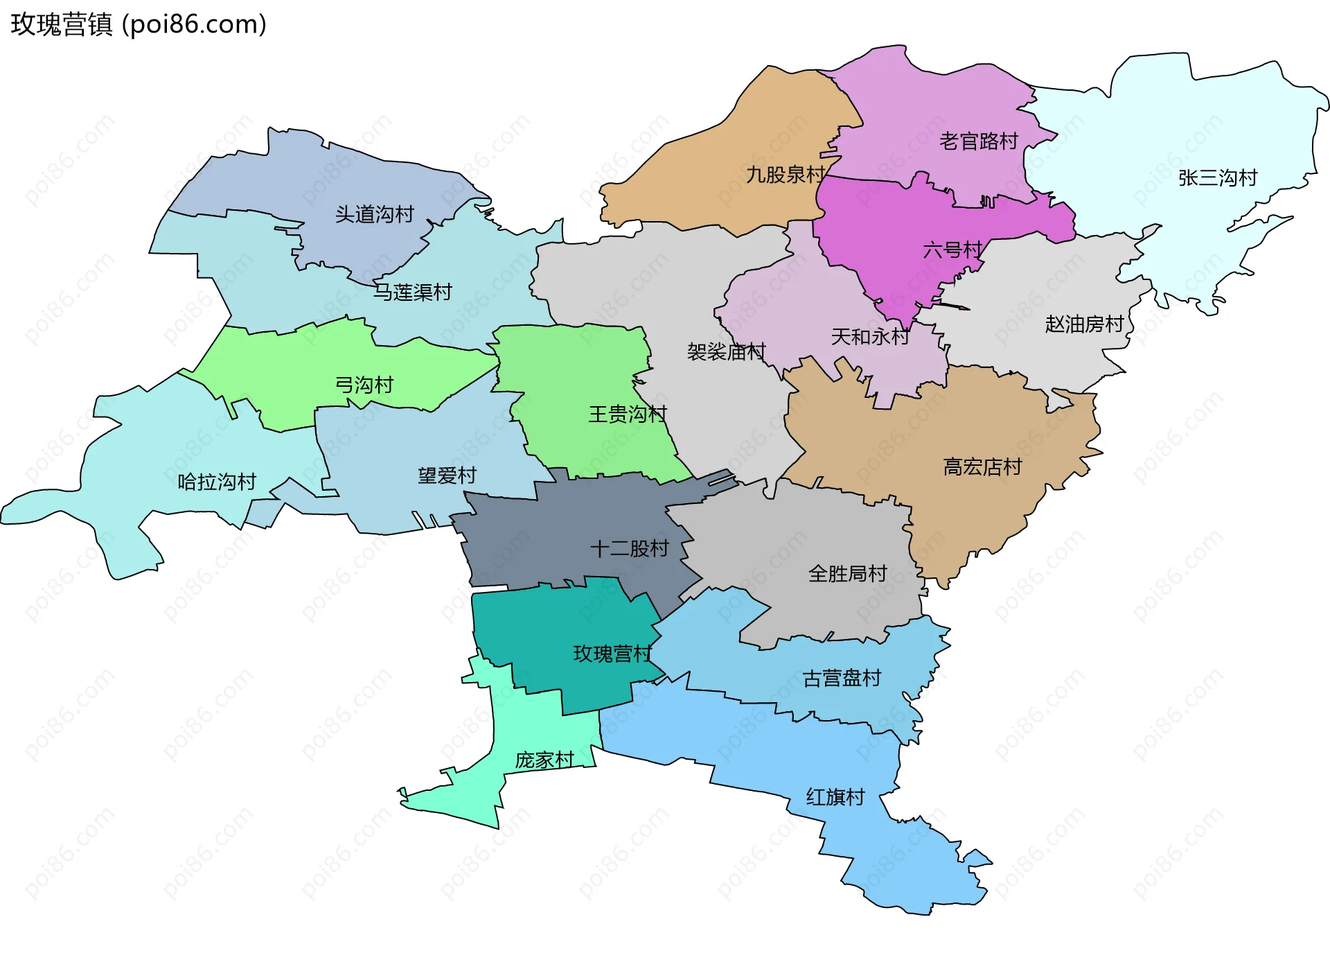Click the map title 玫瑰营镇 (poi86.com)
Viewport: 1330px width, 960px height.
(139, 24)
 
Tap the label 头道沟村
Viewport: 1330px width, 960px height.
(374, 214)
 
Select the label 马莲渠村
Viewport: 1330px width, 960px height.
(412, 292)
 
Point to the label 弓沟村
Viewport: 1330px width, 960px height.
(364, 385)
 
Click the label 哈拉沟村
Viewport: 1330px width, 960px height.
(217, 482)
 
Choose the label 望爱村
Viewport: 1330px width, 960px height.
(447, 475)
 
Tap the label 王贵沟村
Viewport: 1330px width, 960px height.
(627, 414)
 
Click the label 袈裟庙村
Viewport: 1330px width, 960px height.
(726, 352)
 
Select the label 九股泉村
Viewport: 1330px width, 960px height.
(785, 175)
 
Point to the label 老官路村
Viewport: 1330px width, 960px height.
(978, 141)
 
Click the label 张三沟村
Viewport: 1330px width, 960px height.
(1217, 178)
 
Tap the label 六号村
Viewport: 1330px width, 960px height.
(952, 250)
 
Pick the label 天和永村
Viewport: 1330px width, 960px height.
(869, 337)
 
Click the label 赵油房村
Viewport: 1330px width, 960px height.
(1083, 324)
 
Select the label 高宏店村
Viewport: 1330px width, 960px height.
(982, 467)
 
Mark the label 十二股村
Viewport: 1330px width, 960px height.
(629, 549)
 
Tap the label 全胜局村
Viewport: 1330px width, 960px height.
(847, 574)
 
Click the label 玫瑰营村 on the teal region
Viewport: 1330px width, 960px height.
(612, 654)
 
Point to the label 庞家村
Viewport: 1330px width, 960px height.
(544, 760)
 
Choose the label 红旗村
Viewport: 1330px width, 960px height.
(835, 797)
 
